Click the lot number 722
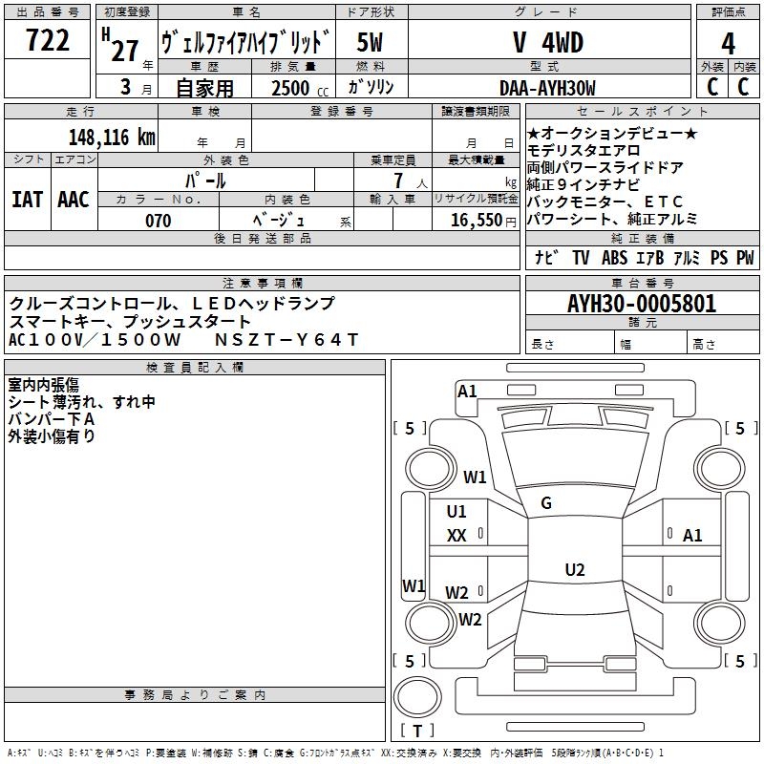[x=47, y=42]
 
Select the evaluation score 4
[x=729, y=43]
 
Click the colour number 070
[x=158, y=221]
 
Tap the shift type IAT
[x=27, y=199]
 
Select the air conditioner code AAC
[x=74, y=199]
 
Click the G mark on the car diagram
[x=546, y=503]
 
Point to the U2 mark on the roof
[x=574, y=570]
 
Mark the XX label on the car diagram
[x=456, y=536]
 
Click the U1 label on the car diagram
[x=456, y=511]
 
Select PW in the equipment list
[x=745, y=258]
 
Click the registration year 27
[x=124, y=51]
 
